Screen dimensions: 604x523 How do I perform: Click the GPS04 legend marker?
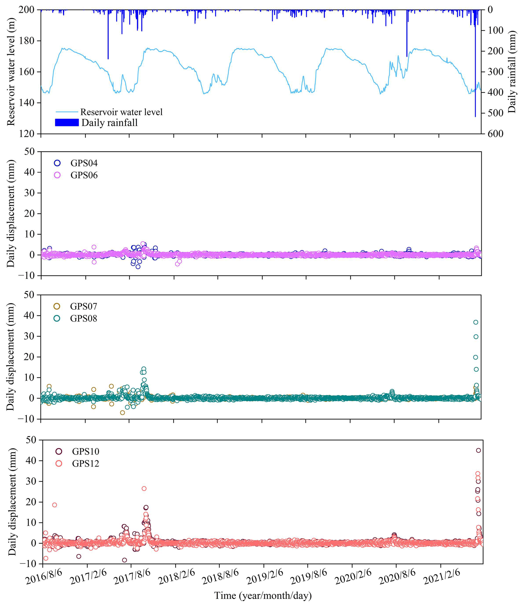pyautogui.click(x=57, y=163)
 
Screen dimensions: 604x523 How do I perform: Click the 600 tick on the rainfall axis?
pyautogui.click(x=495, y=133)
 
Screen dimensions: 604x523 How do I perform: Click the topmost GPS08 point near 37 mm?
pyautogui.click(x=476, y=322)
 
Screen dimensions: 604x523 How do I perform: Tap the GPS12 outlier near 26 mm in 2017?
pyautogui.click(x=144, y=489)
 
